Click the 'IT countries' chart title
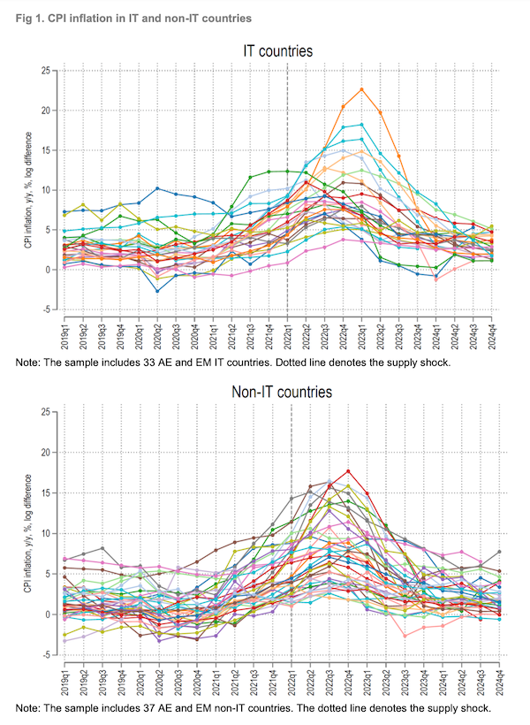click(278, 51)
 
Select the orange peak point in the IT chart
click(362, 89)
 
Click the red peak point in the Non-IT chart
click(349, 471)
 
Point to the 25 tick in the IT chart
click(49, 70)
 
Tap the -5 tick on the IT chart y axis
click(49, 309)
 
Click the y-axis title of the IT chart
click(28, 190)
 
